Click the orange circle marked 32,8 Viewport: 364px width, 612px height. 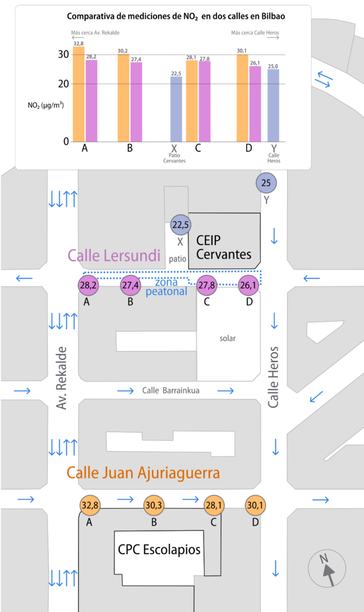(x=90, y=506)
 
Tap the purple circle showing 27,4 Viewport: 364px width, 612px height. (x=130, y=286)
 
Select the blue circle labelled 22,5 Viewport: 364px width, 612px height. (x=180, y=225)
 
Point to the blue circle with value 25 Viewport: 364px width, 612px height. (x=266, y=183)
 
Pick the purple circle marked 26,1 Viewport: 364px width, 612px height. (x=249, y=286)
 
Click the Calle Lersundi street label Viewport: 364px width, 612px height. (x=115, y=256)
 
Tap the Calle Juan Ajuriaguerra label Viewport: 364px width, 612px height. (x=143, y=473)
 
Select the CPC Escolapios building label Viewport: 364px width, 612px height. (x=159, y=549)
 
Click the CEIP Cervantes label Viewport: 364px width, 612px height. (x=224, y=247)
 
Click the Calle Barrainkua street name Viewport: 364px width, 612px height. (x=170, y=391)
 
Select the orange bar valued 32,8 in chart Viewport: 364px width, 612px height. (x=78, y=94)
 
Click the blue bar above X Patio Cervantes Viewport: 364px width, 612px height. (x=176, y=109)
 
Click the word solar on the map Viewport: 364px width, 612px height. (x=227, y=338)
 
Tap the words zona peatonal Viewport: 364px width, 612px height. (x=166, y=287)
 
